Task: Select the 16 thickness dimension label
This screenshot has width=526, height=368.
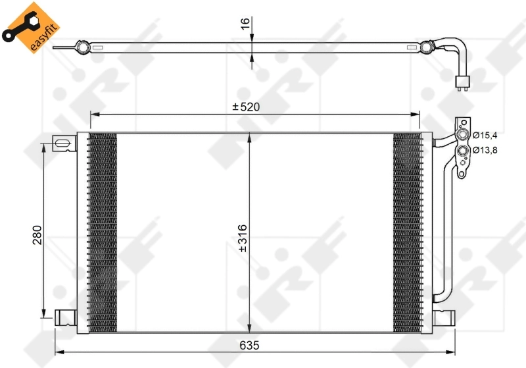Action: (x=245, y=24)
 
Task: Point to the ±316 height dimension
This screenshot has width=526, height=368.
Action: (x=241, y=245)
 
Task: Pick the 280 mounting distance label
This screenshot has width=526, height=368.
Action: (x=37, y=235)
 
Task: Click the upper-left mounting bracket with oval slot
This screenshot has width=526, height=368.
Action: (x=64, y=144)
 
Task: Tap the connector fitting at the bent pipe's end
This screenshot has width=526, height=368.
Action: (x=463, y=81)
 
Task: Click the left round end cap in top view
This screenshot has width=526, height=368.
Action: (x=82, y=47)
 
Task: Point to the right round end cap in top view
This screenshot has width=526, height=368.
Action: (x=427, y=47)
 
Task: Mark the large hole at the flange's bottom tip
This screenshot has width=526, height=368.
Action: (x=463, y=172)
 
